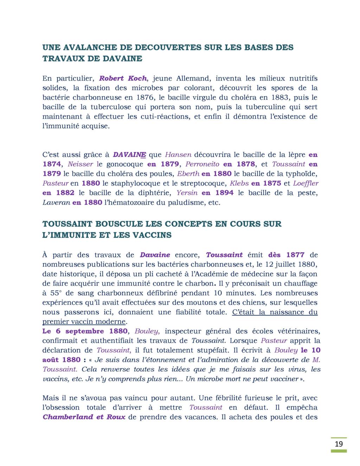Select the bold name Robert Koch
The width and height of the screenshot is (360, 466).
tap(123, 78)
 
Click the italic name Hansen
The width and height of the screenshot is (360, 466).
tap(178, 154)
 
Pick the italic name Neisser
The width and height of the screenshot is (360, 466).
tap(81, 164)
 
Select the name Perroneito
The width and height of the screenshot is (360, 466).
tap(202, 164)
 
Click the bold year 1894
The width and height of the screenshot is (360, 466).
tap(224, 193)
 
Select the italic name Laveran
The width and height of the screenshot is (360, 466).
tap(56, 203)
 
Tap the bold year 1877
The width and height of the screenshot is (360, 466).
tap(295, 255)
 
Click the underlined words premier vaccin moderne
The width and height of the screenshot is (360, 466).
tap(84, 321)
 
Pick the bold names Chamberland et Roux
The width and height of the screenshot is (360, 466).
tap(84, 417)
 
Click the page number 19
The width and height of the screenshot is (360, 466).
tap(339, 444)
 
